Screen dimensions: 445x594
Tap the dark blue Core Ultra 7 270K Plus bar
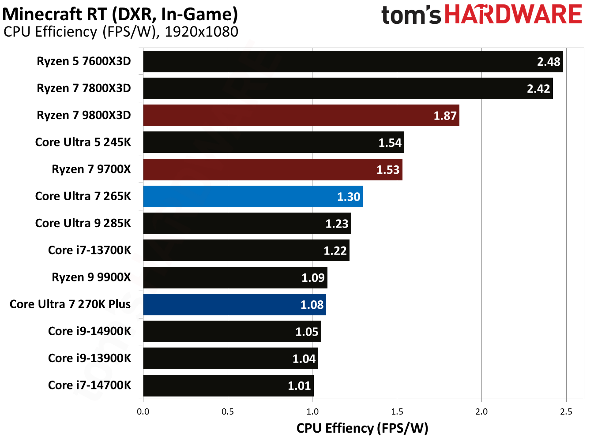coord(234,304)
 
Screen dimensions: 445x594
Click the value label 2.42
coord(538,89)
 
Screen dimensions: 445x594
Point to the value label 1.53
coord(387,170)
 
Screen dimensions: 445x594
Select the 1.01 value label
coord(299,386)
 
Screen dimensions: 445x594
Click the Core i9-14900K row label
coord(90,331)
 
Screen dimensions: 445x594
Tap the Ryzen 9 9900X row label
coord(91,277)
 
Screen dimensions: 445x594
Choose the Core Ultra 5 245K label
coord(83,142)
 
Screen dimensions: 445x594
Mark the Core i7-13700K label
coord(90,250)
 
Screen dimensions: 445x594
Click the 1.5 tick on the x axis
coord(397,411)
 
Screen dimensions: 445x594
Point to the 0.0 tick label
coord(143,411)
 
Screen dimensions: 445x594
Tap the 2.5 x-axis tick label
coord(566,411)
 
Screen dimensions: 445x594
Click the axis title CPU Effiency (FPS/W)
coord(362,428)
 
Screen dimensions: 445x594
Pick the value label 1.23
coord(337,224)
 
